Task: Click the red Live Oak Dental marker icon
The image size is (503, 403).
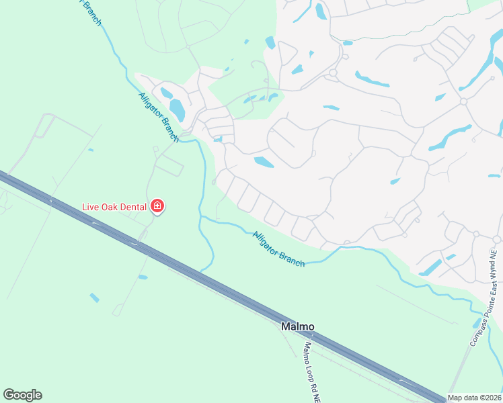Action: coord(157,206)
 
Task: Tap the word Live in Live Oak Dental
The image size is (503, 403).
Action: coord(91,206)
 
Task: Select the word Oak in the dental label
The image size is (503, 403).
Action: coord(110,206)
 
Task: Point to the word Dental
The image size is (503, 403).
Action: coord(134,206)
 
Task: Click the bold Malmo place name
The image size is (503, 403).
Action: coord(297,326)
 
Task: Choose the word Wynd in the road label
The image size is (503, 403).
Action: coord(493,267)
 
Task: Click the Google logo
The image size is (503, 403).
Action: coord(22,395)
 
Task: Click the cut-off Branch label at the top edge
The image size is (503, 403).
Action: coord(93,12)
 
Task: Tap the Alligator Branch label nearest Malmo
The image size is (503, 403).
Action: coord(278,249)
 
